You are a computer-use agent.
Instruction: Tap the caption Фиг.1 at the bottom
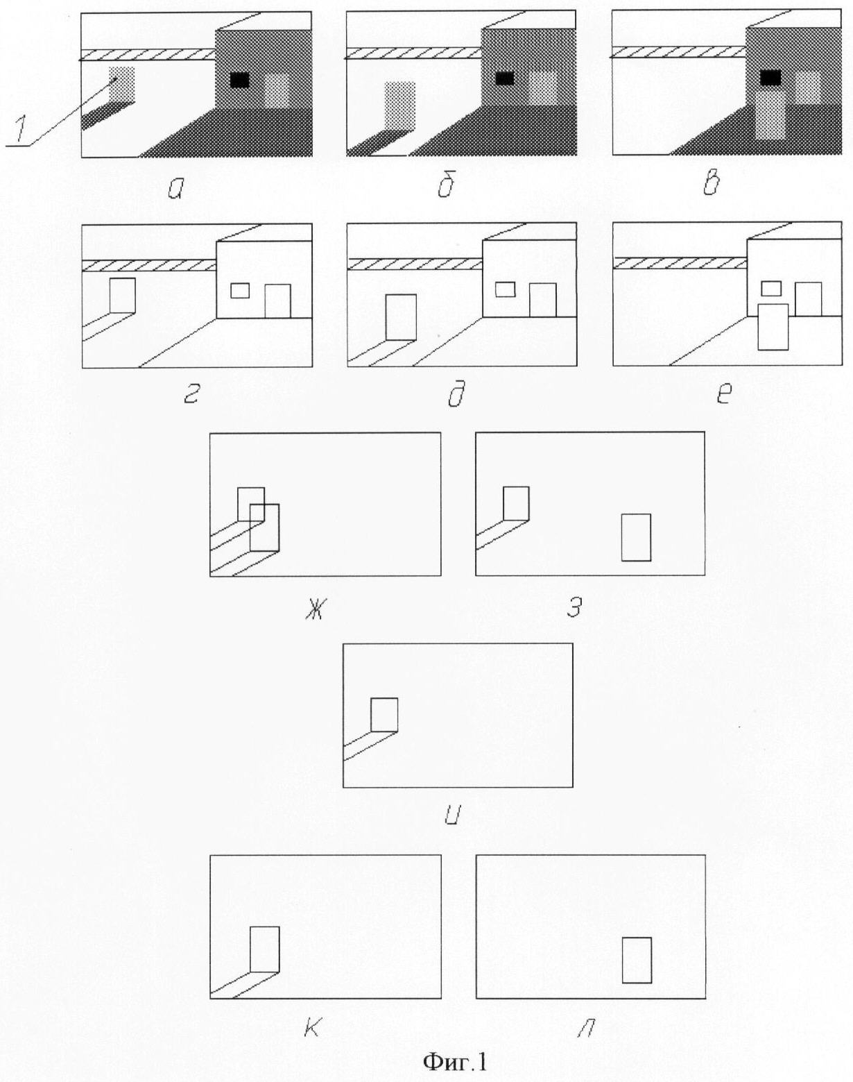455,1061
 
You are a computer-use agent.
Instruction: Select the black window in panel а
240,81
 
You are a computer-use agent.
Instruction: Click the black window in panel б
504,78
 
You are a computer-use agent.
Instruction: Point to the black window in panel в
770,78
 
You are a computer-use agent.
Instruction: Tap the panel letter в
711,183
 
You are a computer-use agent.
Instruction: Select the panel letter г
191,396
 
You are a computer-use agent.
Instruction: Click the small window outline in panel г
240,291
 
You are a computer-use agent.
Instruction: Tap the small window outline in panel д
506,289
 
